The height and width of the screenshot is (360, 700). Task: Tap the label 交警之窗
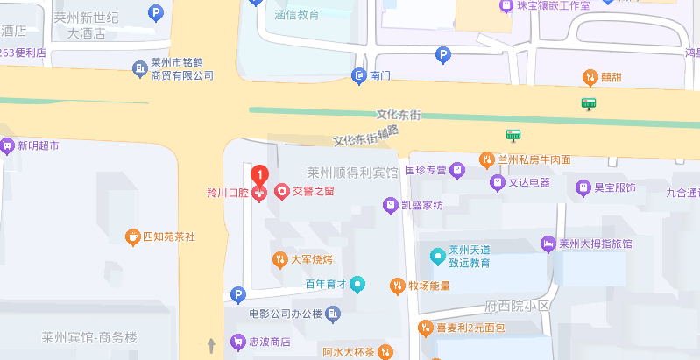[x=313, y=190]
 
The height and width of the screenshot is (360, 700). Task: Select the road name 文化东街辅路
[x=366, y=136]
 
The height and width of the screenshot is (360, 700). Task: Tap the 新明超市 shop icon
[x=7, y=146]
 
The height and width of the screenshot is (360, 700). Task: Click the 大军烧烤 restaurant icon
[x=279, y=259]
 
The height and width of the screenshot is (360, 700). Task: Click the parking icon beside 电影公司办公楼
[x=237, y=295]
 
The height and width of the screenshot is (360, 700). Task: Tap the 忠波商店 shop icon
[x=236, y=342]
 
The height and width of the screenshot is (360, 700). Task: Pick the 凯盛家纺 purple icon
[x=391, y=205]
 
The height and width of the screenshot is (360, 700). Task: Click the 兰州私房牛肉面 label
[x=534, y=159]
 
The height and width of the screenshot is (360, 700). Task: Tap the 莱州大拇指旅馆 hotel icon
[x=548, y=244]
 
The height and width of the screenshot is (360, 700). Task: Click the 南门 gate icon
[x=358, y=76]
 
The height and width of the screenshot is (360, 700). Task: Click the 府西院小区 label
[x=517, y=306]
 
